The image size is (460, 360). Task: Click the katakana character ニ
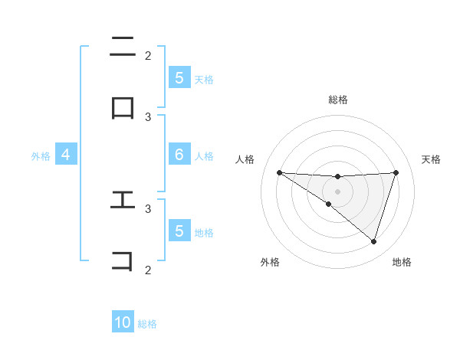click(x=123, y=47)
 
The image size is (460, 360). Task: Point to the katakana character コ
click(x=123, y=260)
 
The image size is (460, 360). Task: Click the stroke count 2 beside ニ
click(x=148, y=55)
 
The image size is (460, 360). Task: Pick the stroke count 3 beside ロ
click(x=148, y=116)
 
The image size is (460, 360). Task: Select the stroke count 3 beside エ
click(x=148, y=208)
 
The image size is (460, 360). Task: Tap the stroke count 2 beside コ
click(x=148, y=269)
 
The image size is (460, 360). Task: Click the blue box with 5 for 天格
click(x=179, y=77)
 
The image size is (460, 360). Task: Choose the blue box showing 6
click(x=179, y=155)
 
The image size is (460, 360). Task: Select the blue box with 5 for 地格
click(x=179, y=231)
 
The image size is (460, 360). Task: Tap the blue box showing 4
click(x=66, y=155)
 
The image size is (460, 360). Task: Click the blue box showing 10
click(x=123, y=322)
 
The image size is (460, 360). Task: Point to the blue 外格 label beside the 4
click(x=41, y=155)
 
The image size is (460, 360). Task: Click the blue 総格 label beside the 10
click(x=147, y=324)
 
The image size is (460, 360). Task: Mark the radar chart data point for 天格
click(x=396, y=172)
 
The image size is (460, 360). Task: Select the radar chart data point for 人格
click(x=279, y=172)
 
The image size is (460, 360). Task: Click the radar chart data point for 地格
click(x=373, y=241)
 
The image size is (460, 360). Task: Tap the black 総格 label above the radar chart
click(x=337, y=100)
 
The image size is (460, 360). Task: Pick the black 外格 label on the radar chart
click(x=270, y=262)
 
